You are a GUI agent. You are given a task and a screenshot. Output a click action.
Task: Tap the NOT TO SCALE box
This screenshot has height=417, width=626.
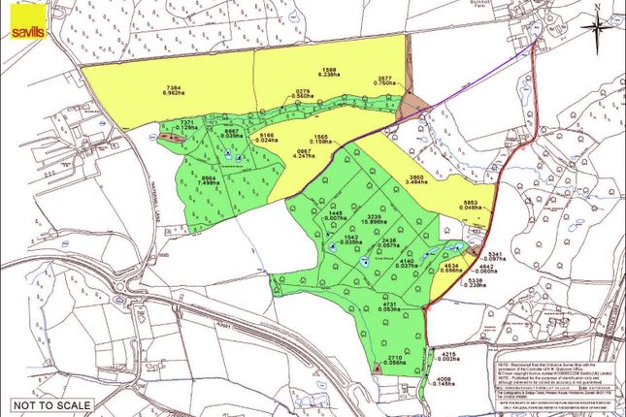coord(52,404)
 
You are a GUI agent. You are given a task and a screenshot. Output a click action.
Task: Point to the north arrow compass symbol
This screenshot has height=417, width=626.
coord(595,24)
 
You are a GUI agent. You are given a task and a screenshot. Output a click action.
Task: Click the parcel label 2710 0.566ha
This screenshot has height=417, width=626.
coord(393,361)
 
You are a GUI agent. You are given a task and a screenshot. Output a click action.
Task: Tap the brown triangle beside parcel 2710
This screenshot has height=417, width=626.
coord(375,368)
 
